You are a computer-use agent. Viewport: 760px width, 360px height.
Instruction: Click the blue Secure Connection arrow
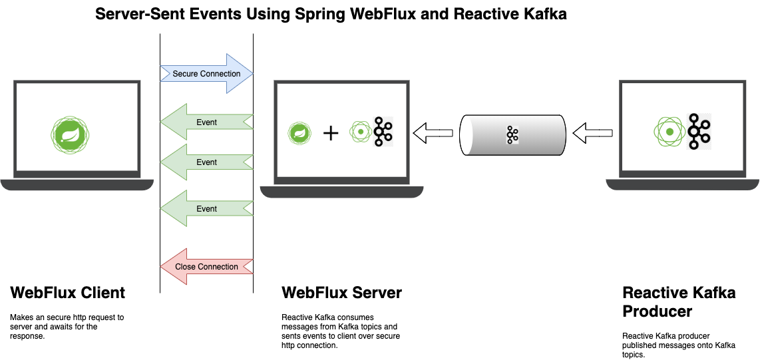tap(207, 73)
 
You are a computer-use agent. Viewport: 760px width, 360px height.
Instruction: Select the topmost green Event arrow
tap(206, 122)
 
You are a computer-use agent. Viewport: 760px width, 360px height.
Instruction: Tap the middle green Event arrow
tap(206, 162)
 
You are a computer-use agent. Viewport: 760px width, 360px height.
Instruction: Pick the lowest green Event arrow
tap(206, 209)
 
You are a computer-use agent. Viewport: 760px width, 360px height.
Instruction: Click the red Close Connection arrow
tap(206, 267)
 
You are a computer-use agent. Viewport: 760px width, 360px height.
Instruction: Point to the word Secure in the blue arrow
tap(185, 74)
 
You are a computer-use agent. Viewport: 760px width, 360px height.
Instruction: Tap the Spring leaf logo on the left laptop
tap(70, 136)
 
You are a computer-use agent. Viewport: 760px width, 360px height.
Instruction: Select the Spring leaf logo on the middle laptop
tap(299, 132)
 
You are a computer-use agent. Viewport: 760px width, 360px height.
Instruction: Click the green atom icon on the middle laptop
tap(360, 132)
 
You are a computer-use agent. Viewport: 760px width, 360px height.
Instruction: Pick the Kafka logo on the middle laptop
tap(382, 132)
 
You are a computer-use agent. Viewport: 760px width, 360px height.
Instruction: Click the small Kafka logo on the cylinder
tap(512, 135)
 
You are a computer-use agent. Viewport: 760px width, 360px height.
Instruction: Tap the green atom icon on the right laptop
tap(669, 132)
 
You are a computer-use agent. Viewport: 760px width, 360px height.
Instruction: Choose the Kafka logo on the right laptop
tap(698, 132)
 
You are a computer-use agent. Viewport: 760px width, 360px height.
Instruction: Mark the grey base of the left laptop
tap(77, 184)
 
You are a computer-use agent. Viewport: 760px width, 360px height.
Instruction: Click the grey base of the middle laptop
tap(341, 192)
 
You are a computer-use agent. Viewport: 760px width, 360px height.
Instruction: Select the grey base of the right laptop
tap(682, 184)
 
